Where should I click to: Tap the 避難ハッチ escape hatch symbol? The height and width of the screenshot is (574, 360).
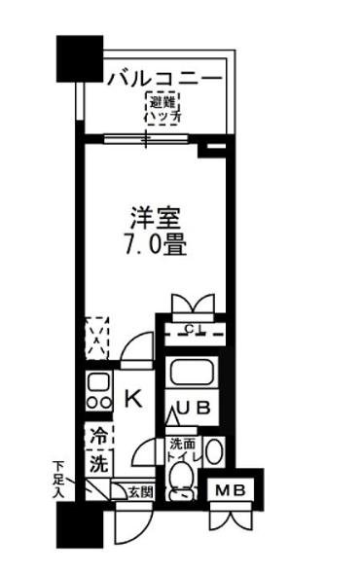coord(162,109)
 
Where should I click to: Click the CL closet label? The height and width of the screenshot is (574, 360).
coord(194,329)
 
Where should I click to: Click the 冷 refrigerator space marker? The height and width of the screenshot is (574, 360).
coord(98,435)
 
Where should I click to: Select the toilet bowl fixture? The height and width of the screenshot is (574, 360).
coord(179,479)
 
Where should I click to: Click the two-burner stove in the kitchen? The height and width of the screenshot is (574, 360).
coord(97,390)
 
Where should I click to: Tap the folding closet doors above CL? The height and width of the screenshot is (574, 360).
coord(192,302)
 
